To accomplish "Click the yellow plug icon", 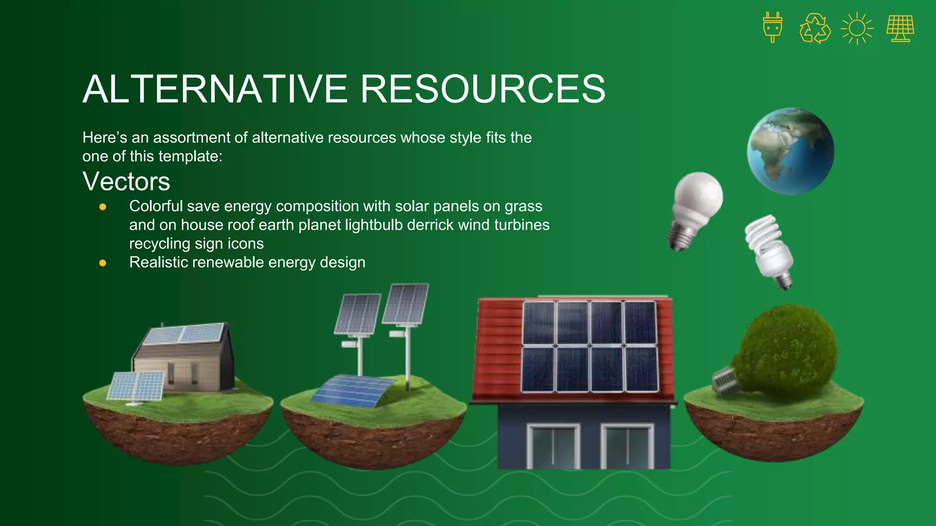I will pyautogui.click(x=772, y=27).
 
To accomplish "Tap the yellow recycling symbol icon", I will pyautogui.click(x=815, y=28).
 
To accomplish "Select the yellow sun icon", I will pyautogui.click(x=857, y=28).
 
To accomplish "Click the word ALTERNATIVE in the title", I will pyautogui.click(x=215, y=89).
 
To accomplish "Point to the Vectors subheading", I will pyautogui.click(x=126, y=181).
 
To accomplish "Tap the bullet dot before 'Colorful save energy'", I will pyautogui.click(x=103, y=207).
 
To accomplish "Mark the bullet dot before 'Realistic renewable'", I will pyautogui.click(x=103, y=263).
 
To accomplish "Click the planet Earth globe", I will pyautogui.click(x=791, y=151).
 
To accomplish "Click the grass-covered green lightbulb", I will pyautogui.click(x=786, y=352).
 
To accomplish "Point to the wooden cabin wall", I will pyautogui.click(x=183, y=370).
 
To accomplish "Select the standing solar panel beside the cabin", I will pyautogui.click(x=136, y=386).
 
